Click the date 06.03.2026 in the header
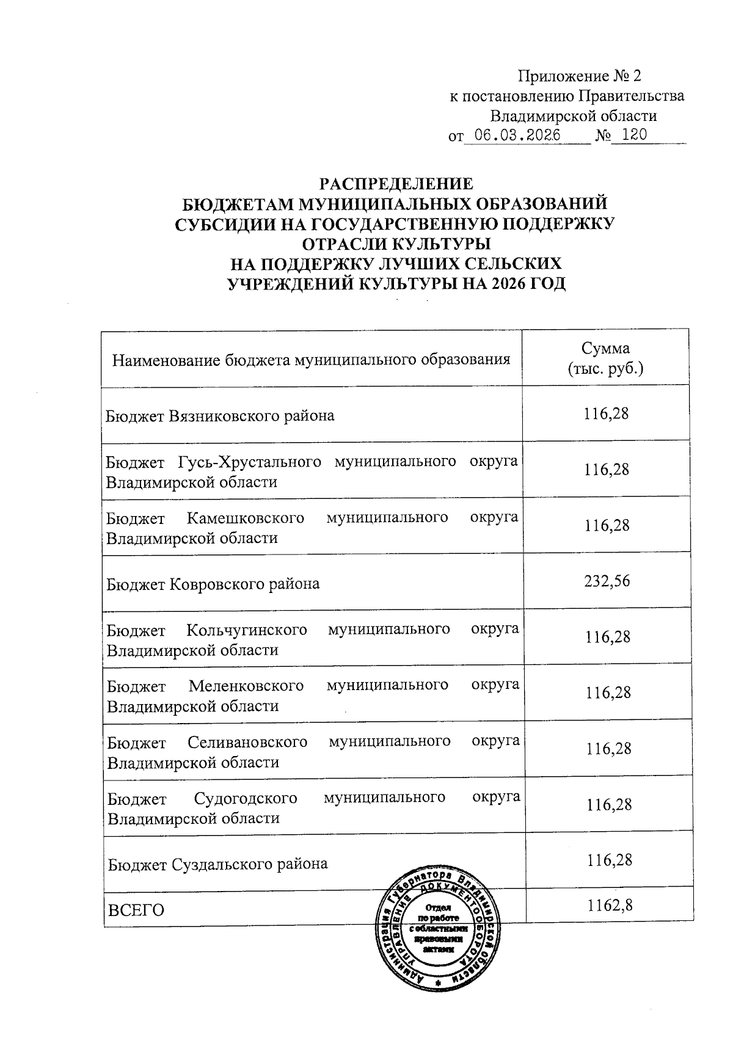[x=517, y=135]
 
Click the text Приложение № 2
[x=580, y=76]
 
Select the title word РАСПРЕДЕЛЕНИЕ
[x=397, y=183]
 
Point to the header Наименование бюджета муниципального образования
[x=311, y=359]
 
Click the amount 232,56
[x=607, y=581]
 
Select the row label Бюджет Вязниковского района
[x=221, y=416]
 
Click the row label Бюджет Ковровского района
[x=213, y=584]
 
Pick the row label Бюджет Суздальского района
[x=217, y=864]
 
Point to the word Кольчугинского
[x=246, y=630]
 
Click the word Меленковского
[x=246, y=685]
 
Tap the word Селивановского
[x=247, y=741]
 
